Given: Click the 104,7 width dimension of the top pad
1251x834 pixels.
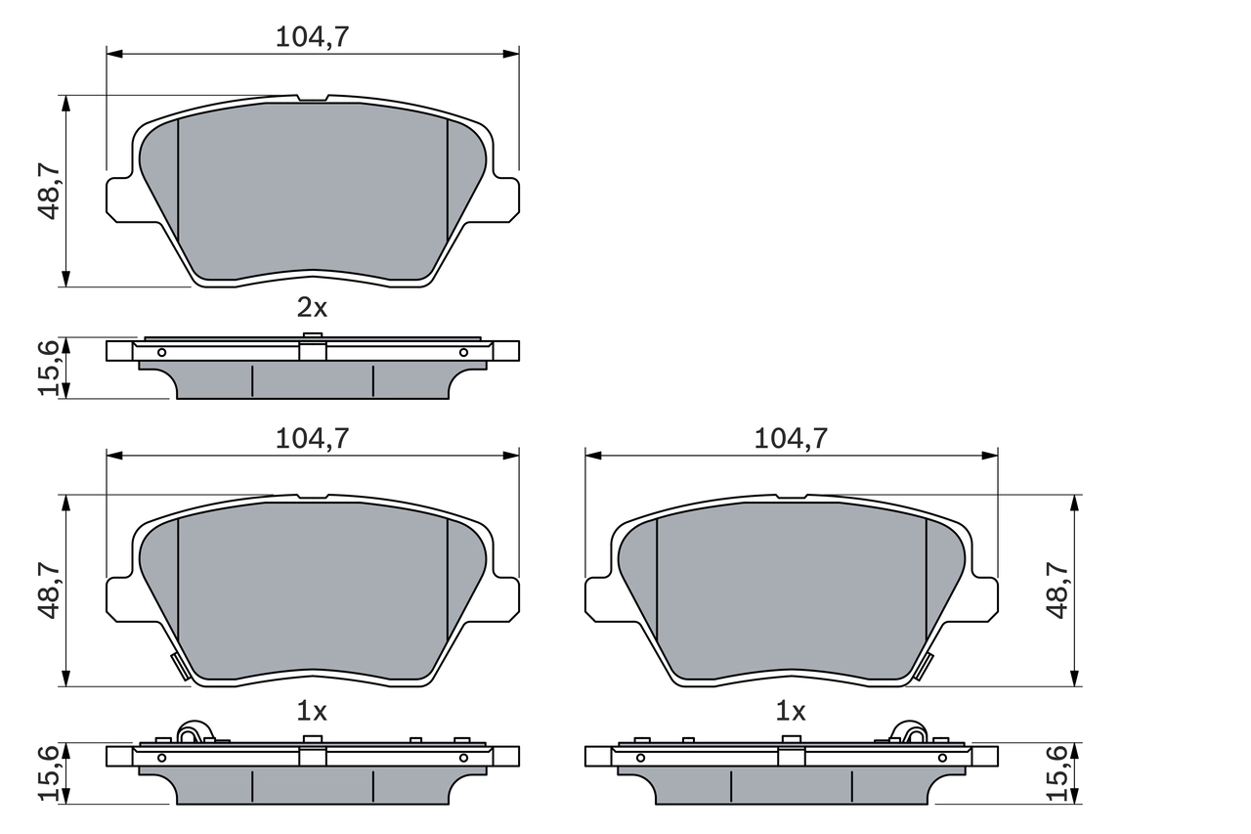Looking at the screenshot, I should [x=312, y=36].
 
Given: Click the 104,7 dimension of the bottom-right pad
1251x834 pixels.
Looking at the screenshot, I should [x=791, y=438].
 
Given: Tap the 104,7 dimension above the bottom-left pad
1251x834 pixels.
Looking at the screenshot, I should [x=312, y=438].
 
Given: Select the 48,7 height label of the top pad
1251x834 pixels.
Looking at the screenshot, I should [x=51, y=192].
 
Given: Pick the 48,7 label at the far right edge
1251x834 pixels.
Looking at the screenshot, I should [x=1058, y=591].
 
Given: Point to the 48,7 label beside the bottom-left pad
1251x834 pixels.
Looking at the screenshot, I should [x=51, y=591].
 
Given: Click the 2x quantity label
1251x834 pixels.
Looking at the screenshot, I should [x=312, y=308].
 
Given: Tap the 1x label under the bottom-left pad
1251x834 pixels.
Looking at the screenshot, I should [x=312, y=710].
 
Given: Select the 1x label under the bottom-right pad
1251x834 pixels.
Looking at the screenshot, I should [x=790, y=710].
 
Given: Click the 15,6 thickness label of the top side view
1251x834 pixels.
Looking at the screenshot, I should [x=51, y=368].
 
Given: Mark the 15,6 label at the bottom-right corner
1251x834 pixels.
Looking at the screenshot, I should [x=1058, y=772].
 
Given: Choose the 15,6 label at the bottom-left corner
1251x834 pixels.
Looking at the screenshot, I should [x=51, y=772].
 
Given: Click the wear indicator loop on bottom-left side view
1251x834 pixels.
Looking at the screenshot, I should [x=193, y=730].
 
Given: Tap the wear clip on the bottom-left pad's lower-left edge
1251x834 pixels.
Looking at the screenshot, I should [x=178, y=667].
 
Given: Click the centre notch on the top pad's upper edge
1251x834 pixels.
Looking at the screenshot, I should [x=312, y=98].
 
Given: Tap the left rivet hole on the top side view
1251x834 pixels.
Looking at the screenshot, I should [x=162, y=352].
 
